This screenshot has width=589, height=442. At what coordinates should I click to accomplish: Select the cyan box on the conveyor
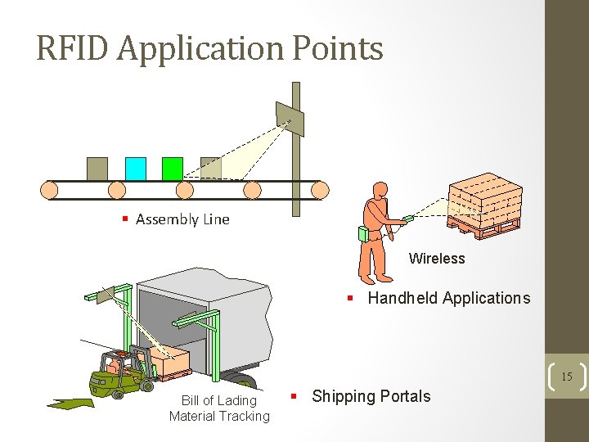point(136,169)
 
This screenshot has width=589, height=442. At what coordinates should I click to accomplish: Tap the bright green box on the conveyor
point(173,169)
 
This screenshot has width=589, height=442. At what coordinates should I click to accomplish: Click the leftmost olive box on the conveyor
point(97,169)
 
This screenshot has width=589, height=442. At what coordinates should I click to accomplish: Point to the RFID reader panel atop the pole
point(290,119)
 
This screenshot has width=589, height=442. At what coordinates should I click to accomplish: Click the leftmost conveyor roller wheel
point(51,191)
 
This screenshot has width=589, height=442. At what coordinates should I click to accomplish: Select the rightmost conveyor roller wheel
point(320,191)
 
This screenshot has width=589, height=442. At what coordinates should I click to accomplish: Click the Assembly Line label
point(182,219)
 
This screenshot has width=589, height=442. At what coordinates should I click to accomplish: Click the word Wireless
point(437,259)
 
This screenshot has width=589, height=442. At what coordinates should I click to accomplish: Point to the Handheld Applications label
point(448,298)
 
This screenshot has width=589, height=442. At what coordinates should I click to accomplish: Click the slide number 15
point(566,377)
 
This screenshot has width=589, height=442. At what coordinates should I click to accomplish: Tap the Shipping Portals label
point(371,396)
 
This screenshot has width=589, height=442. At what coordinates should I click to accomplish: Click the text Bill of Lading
point(219,400)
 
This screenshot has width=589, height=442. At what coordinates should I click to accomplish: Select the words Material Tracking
point(219,416)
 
